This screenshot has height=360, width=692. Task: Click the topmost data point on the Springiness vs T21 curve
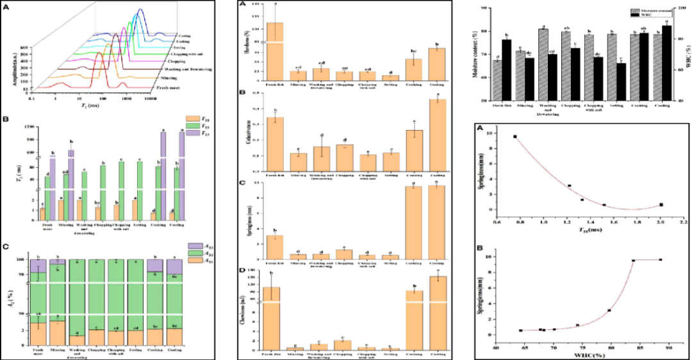click(515, 136)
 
